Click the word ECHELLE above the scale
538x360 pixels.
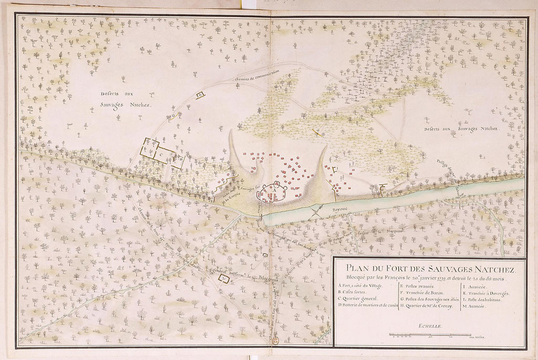[x=429, y=325]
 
